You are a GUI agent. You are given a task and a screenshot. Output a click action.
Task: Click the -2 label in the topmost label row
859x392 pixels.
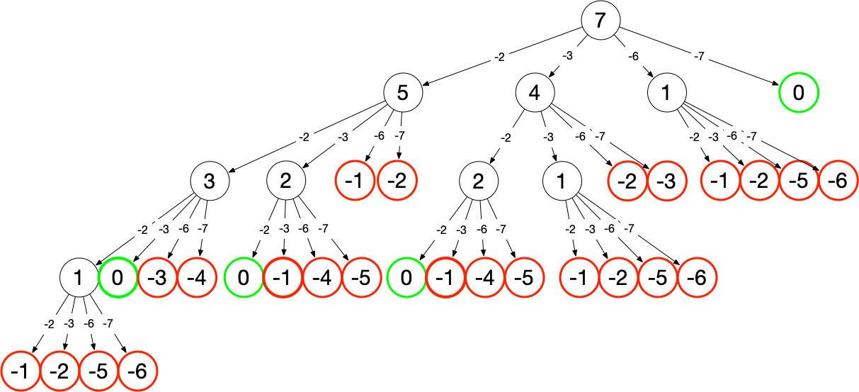[x=500, y=57]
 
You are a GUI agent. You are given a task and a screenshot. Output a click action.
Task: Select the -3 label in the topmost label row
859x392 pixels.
[x=568, y=56]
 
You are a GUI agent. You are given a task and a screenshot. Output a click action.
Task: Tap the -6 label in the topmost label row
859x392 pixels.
[x=634, y=57]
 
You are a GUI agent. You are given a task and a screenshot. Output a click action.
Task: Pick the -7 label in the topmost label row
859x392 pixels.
[x=700, y=56]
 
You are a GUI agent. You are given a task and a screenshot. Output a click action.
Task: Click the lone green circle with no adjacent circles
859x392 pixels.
[x=799, y=92]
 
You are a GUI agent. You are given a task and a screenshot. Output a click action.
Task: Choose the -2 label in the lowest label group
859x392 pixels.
[x=50, y=325]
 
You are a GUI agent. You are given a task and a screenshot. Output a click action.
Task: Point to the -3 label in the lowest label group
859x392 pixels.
[x=69, y=323]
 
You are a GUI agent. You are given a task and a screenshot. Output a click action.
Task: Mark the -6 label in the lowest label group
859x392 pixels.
[x=89, y=323]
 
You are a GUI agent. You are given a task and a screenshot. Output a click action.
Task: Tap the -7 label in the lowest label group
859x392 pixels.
[x=108, y=324]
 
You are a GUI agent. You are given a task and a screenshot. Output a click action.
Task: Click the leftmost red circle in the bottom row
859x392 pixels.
[x=21, y=371]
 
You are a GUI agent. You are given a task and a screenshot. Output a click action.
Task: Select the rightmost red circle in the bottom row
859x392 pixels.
[x=137, y=371]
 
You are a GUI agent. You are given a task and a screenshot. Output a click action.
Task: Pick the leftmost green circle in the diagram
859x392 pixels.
[x=118, y=277]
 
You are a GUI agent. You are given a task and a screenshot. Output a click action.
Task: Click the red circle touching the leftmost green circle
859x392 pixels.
[x=158, y=277]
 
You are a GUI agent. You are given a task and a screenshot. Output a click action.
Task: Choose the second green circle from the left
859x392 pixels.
[x=244, y=277]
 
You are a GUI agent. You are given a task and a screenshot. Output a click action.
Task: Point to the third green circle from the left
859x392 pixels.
[x=407, y=277]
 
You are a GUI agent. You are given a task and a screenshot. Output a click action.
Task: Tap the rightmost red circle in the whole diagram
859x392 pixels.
[x=838, y=181]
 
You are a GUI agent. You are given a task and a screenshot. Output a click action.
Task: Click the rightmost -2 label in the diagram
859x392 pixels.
[x=694, y=138]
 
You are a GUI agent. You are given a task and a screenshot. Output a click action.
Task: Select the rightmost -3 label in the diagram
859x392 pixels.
[x=713, y=137]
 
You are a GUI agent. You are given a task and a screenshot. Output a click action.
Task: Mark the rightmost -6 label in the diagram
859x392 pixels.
[x=732, y=135]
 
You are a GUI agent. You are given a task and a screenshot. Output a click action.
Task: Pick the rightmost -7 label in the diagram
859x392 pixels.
[x=752, y=136]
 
